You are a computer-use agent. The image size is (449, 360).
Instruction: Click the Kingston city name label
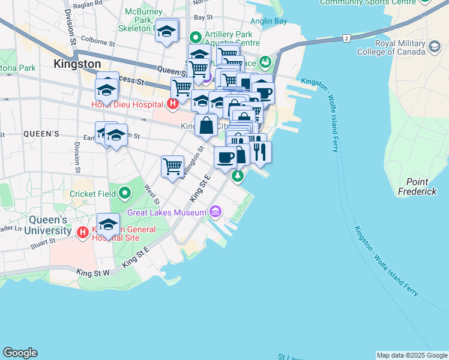(x=77, y=63)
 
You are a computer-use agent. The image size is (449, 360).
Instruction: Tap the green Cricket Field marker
(x=125, y=193)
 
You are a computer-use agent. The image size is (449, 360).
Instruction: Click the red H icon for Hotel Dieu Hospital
(x=173, y=104)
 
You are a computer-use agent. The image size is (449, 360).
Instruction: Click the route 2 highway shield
(x=346, y=38)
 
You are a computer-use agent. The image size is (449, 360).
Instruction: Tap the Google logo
(x=20, y=353)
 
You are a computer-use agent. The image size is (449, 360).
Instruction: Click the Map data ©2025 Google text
(x=411, y=355)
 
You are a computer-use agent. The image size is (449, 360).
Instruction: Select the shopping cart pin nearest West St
(x=172, y=166)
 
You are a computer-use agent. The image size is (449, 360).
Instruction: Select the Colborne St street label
(x=97, y=43)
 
